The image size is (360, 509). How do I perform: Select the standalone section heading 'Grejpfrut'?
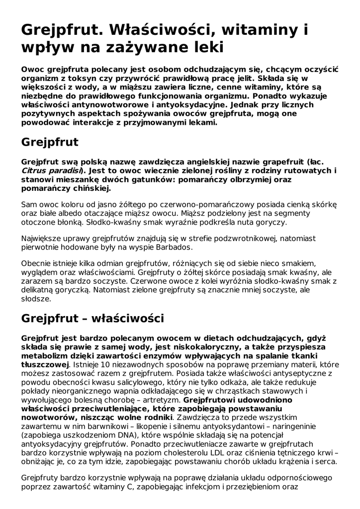[x=50, y=142]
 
